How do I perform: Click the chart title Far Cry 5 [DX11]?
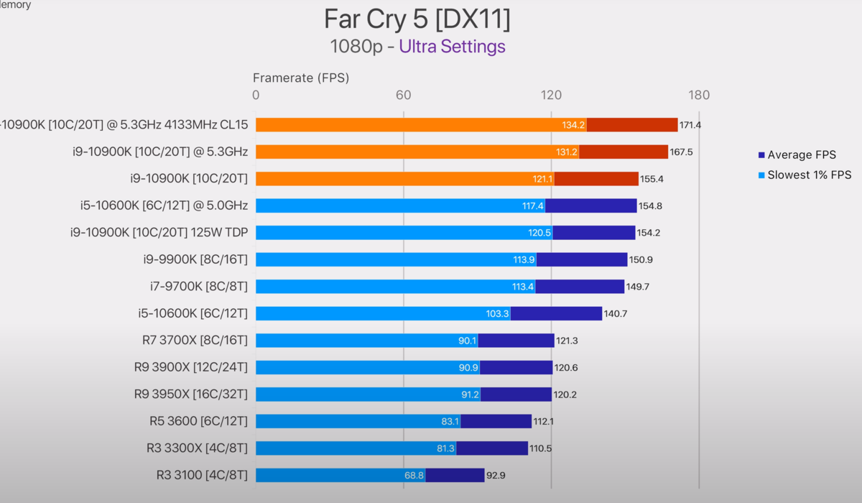(417, 19)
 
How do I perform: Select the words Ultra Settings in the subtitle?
(452, 47)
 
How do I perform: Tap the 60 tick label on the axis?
(404, 95)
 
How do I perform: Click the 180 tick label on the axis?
(698, 95)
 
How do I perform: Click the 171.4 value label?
(690, 125)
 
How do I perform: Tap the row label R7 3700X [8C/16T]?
(195, 341)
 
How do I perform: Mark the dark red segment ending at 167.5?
(624, 152)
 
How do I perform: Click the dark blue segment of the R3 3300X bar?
(492, 448)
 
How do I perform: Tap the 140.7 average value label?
(615, 314)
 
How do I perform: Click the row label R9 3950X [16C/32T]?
(190, 394)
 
